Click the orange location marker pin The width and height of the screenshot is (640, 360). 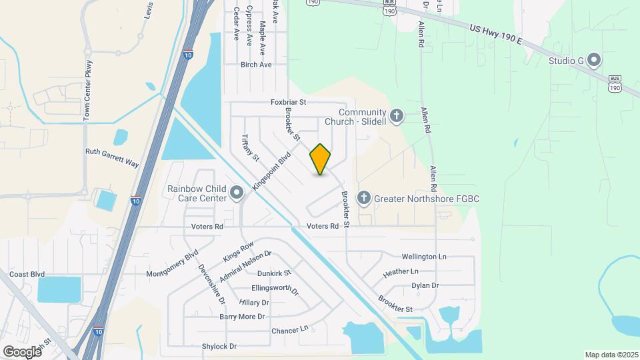coord(321,159)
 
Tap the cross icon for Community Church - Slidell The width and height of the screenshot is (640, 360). coord(397,117)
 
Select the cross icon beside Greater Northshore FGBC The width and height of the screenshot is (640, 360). coord(363,198)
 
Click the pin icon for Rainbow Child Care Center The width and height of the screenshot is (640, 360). coord(237,193)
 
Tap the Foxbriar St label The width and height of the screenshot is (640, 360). coord(287,102)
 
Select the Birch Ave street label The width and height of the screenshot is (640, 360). coord(256,65)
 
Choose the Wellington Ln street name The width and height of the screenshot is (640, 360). coord(424,257)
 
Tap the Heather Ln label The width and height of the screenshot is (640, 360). coord(401,272)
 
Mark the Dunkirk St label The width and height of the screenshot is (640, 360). coord(275,273)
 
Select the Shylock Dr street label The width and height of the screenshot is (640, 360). coord(219,347)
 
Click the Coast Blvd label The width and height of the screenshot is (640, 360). coord(27,274)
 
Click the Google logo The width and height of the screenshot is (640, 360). coord(21,351)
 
